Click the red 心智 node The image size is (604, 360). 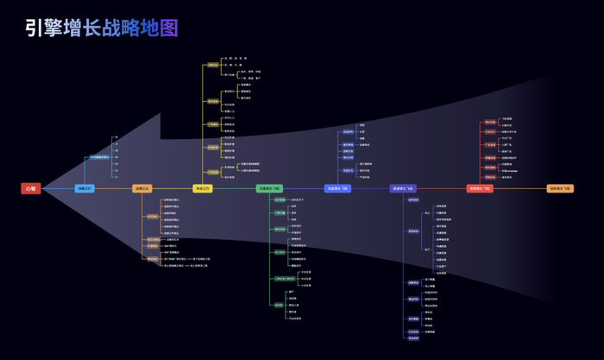[x=31, y=188]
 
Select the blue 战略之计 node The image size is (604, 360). [x=85, y=188]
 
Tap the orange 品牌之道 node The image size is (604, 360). [x=142, y=188]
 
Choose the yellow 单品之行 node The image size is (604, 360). [x=203, y=188]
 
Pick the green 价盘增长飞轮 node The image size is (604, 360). [x=269, y=188]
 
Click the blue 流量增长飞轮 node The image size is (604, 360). [x=337, y=188]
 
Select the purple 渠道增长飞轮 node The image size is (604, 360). [x=403, y=188]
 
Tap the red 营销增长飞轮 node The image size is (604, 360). [x=480, y=188]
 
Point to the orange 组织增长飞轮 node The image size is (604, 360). [x=560, y=188]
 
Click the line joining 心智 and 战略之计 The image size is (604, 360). [x=58, y=188]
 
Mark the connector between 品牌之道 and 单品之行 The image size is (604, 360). [x=173, y=188]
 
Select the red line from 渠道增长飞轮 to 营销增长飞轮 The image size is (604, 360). [x=442, y=188]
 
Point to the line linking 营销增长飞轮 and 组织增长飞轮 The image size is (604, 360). [x=520, y=188]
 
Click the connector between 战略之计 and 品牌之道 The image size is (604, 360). [x=113, y=188]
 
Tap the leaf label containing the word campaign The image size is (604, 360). [x=509, y=171]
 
